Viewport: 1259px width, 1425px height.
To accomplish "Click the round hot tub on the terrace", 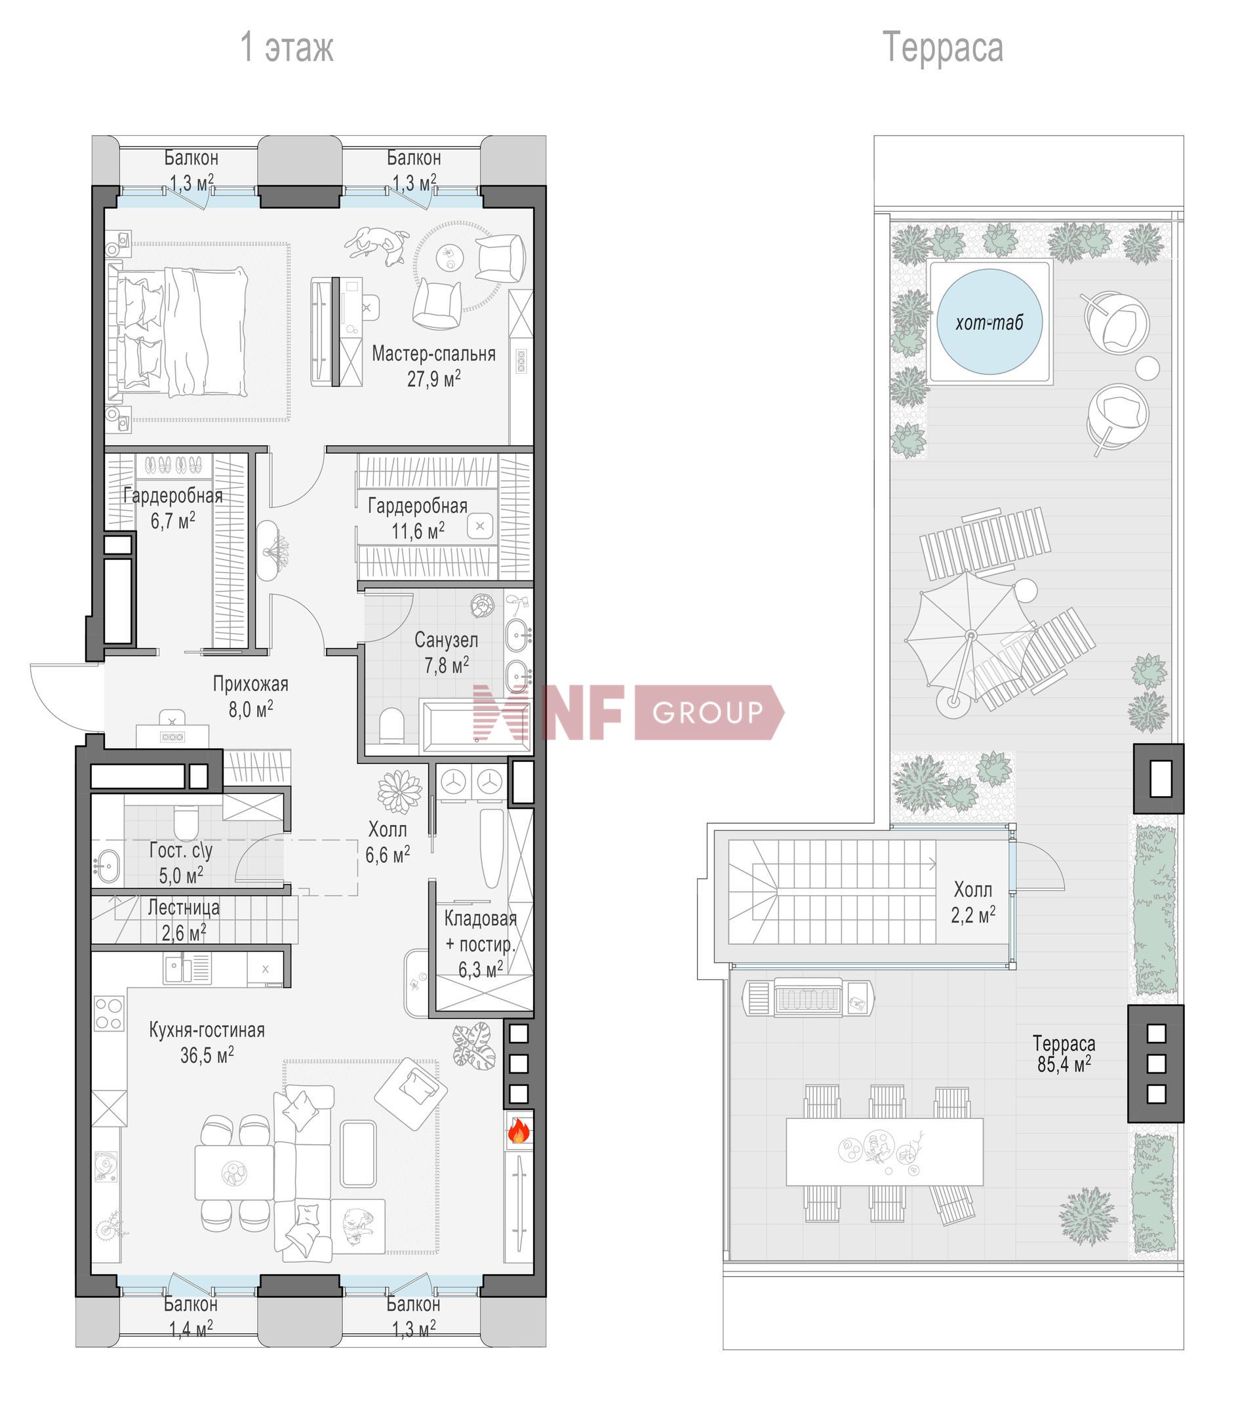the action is [989, 321].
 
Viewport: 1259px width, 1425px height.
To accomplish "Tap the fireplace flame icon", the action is [518, 1131].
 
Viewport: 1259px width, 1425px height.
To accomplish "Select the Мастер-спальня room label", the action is [433, 353].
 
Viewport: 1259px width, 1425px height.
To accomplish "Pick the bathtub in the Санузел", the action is [475, 727].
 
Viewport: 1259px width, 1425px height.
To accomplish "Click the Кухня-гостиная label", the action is [207, 1030].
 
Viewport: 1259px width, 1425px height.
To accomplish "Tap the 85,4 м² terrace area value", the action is [1064, 1064].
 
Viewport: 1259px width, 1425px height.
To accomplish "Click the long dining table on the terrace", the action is [885, 1152].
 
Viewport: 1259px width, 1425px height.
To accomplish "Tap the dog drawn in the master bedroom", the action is [377, 245].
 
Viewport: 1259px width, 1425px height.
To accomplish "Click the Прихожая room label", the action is [250, 684].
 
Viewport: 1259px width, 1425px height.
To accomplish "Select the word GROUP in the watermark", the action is [708, 712].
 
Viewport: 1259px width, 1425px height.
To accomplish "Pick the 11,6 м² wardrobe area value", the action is [418, 531].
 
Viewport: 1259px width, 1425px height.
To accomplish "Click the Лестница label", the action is [184, 908].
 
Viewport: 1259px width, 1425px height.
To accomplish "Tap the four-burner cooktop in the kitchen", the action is [109, 1014].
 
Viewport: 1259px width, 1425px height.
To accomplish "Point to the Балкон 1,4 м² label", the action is [190, 1315].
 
